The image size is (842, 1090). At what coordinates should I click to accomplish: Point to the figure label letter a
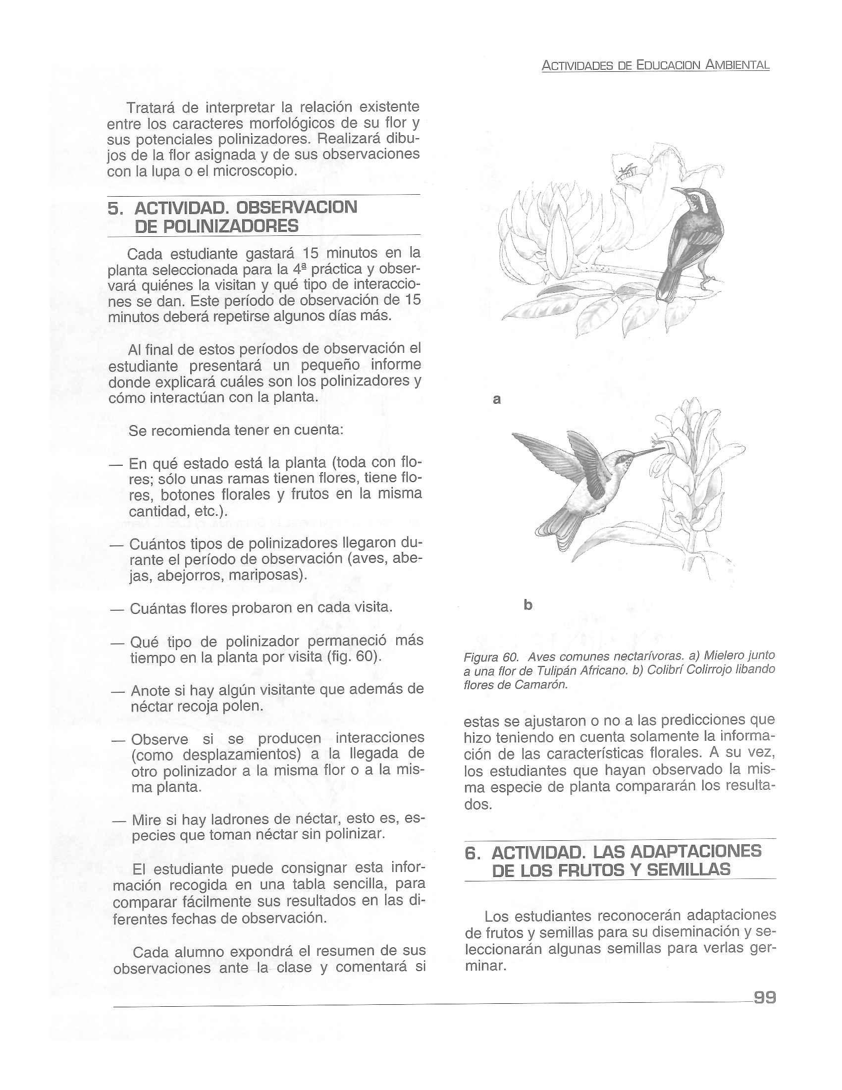496,399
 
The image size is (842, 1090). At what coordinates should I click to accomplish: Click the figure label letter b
528,605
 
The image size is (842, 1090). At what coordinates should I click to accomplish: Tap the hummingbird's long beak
649,452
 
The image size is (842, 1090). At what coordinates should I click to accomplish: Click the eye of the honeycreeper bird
694,198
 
